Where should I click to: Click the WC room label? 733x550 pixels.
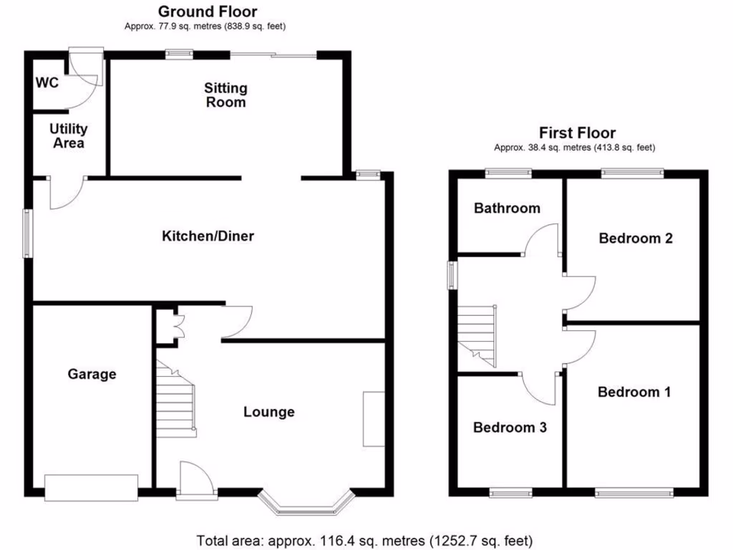click(x=47, y=82)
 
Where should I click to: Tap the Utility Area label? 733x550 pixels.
click(x=69, y=136)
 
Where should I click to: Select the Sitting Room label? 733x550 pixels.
click(x=225, y=95)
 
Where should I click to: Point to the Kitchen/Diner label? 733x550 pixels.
click(x=208, y=236)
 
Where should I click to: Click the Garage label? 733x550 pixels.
click(x=92, y=374)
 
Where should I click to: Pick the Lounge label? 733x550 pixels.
click(x=269, y=412)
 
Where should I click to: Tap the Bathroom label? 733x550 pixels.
click(x=507, y=208)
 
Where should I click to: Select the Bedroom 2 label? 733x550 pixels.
click(x=636, y=238)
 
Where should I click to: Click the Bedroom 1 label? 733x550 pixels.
click(x=634, y=392)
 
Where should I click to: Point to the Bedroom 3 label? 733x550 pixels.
click(x=510, y=428)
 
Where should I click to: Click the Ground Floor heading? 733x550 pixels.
click(x=207, y=11)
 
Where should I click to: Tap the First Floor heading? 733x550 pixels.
click(x=577, y=133)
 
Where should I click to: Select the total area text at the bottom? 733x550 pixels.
click(x=365, y=540)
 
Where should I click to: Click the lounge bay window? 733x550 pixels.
click(x=307, y=503)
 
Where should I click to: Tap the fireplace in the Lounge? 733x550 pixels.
click(x=374, y=418)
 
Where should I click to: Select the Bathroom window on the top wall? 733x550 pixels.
click(x=508, y=172)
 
